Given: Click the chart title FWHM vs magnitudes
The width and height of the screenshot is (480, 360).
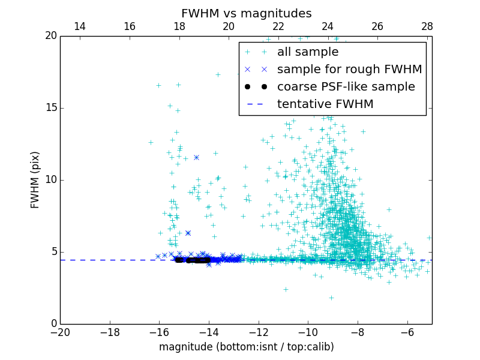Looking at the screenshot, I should [246, 13].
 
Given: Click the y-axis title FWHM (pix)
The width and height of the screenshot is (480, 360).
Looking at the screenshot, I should [35, 179].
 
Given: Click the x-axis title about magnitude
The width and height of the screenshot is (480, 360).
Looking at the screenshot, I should [246, 347].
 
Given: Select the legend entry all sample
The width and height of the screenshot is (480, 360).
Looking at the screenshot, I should [308, 52].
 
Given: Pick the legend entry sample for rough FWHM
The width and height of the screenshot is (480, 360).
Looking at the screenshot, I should [349, 70].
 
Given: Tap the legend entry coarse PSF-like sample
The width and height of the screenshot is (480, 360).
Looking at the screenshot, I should [346, 87].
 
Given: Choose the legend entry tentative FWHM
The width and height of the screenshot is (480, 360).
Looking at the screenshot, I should [325, 104].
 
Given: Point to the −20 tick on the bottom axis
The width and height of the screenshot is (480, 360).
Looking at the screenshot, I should [60, 332].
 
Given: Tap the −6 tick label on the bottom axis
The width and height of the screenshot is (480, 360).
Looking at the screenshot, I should [407, 332].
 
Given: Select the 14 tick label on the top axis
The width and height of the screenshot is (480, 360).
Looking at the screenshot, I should [80, 26].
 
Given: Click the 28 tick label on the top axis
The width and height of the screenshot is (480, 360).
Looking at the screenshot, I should [427, 26].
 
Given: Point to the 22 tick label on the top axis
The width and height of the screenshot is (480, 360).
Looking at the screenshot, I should [278, 26].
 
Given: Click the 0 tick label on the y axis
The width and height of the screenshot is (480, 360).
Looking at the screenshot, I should [53, 324].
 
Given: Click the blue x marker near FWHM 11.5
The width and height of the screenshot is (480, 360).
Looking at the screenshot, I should [196, 157].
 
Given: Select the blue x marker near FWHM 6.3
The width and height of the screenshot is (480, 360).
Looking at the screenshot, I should [188, 233].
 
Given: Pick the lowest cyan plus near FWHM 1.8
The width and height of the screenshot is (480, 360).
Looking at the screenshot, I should [331, 298].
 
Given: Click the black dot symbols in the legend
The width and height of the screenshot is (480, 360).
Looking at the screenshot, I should [256, 87].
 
